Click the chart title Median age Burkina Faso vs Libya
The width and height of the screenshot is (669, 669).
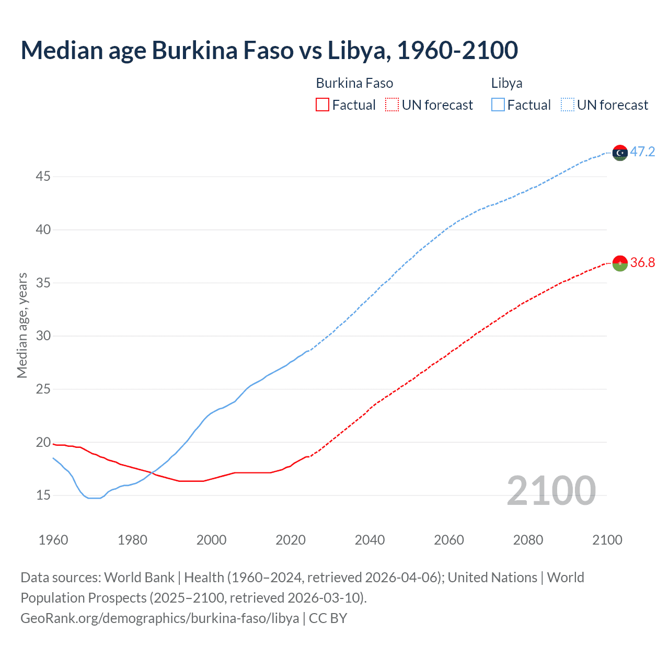(x=269, y=51)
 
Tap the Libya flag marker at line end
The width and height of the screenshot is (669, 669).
(x=620, y=153)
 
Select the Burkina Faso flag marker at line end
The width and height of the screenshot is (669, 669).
(x=620, y=263)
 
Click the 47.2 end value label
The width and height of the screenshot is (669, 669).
(x=642, y=152)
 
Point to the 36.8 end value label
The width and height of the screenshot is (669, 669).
(x=642, y=262)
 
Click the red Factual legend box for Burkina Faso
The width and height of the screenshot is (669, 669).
(x=322, y=105)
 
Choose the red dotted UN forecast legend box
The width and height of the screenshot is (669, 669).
(x=392, y=105)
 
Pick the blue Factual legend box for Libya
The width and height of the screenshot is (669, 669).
(x=498, y=105)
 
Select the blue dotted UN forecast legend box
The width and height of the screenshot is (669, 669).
(x=567, y=105)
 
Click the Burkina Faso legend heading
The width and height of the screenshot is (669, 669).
(x=354, y=83)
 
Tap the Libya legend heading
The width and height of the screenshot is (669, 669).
(x=506, y=83)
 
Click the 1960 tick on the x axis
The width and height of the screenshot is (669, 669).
(x=53, y=540)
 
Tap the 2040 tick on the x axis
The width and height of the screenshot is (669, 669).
(x=370, y=540)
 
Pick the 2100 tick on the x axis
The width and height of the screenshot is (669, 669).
(x=607, y=540)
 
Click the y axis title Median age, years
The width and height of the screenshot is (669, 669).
(x=22, y=325)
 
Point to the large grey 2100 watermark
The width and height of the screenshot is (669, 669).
(x=551, y=491)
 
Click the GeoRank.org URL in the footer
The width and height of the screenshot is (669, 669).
(x=160, y=618)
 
